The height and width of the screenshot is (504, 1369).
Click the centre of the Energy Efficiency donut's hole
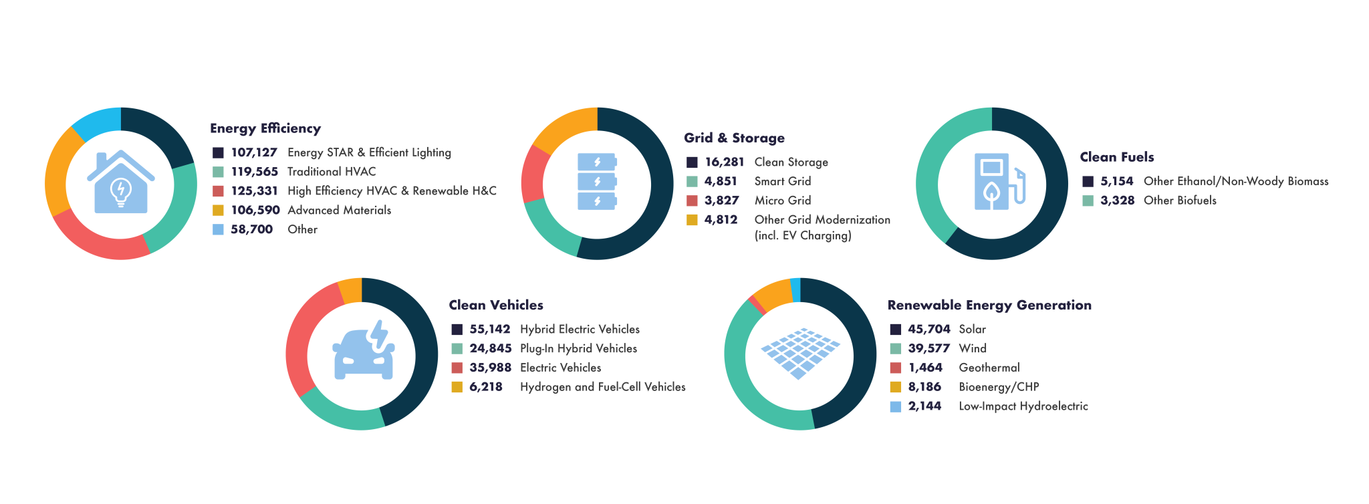(121, 183)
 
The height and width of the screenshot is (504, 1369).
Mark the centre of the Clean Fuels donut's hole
(992, 183)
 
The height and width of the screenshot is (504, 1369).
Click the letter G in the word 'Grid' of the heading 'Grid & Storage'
(689, 138)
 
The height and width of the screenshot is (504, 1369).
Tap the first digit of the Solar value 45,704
(912, 329)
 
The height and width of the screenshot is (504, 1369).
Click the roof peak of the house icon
(120, 152)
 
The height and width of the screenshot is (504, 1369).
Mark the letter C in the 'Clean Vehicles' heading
(454, 305)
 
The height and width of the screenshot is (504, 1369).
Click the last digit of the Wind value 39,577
(946, 348)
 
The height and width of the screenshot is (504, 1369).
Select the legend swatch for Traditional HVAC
(218, 172)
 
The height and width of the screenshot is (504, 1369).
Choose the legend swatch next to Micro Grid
(692, 201)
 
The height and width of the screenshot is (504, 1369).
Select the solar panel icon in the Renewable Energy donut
(800, 353)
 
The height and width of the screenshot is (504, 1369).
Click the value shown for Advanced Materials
(255, 210)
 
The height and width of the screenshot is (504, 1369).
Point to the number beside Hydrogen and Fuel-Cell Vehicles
(486, 387)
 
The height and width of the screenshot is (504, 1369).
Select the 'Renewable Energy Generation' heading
(989, 305)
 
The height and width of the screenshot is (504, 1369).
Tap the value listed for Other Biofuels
(1118, 201)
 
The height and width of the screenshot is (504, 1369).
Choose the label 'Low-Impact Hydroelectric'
(1023, 406)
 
